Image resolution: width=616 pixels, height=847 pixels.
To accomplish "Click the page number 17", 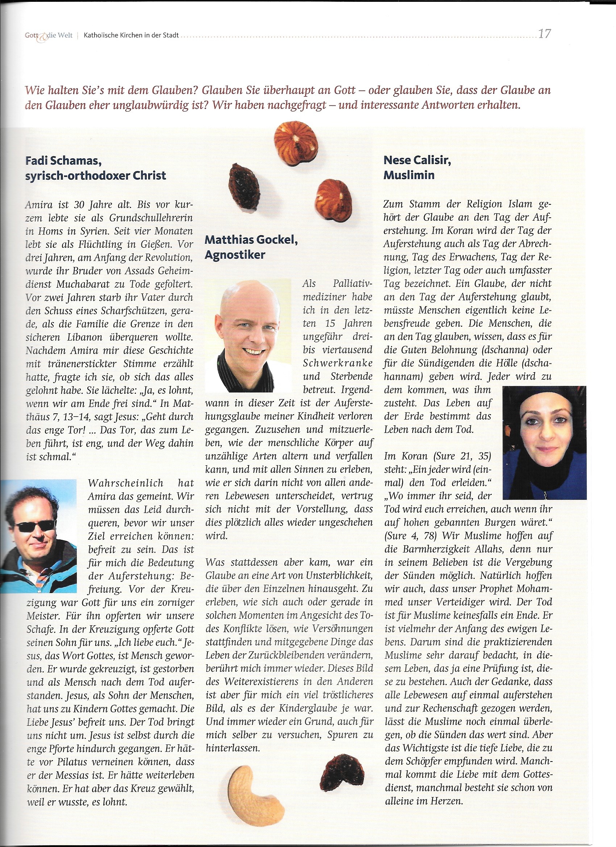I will click(544, 34).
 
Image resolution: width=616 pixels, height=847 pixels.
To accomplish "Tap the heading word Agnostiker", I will click(235, 255).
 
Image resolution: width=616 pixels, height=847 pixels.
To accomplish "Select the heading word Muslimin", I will click(409, 175).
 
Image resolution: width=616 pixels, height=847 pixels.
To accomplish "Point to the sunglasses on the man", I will click(34, 526).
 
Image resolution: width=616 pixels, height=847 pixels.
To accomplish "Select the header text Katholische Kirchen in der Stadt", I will click(131, 36).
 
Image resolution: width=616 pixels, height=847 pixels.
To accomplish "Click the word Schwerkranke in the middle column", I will click(337, 363).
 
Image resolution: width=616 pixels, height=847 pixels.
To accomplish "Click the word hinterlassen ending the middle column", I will click(232, 748).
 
